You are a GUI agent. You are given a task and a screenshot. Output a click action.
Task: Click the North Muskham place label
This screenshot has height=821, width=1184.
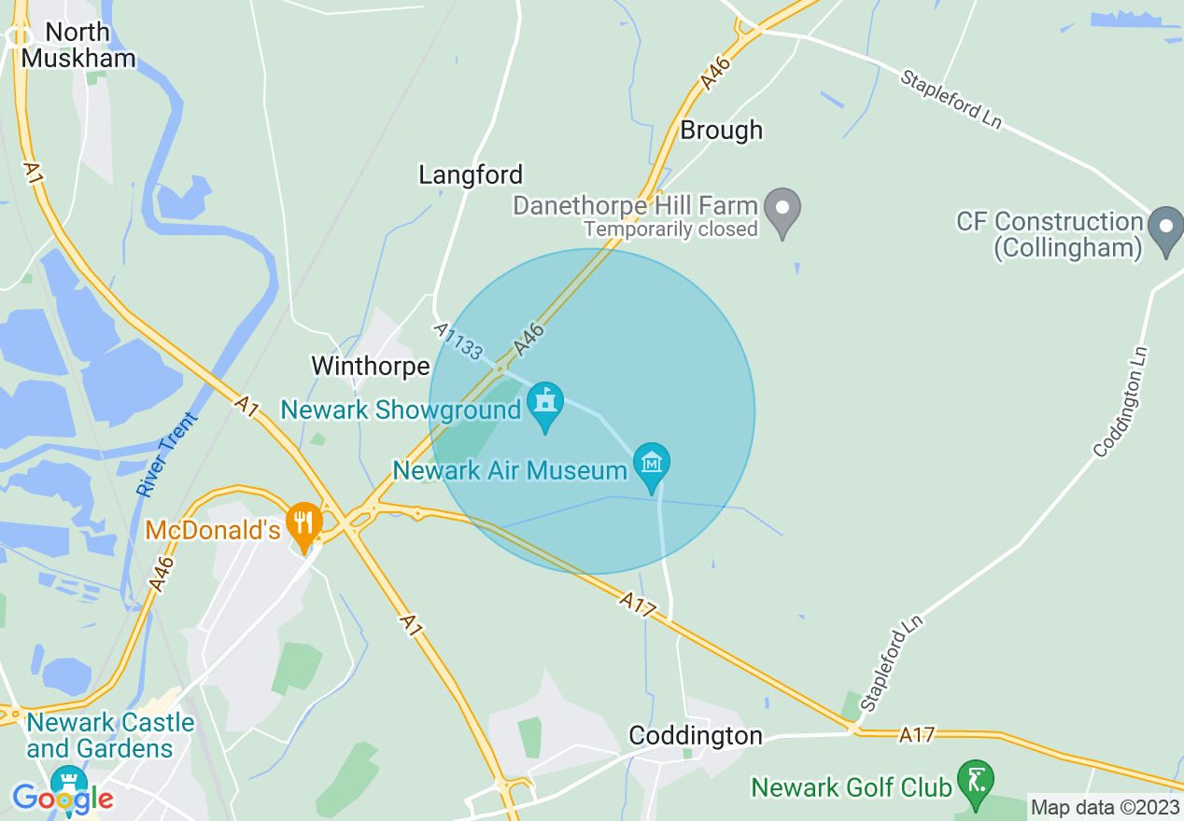[x=78, y=45]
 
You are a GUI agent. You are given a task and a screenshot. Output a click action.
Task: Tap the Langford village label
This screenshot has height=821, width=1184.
[x=471, y=174]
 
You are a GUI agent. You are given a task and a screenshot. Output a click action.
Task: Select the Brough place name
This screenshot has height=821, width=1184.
[x=721, y=130]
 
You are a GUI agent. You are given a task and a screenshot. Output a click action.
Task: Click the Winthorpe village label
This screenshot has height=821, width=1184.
[x=371, y=365]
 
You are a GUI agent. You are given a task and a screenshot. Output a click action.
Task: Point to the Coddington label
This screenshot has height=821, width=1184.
[x=696, y=735]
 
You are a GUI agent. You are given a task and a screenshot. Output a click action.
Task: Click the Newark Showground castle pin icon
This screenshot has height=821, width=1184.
[x=544, y=405]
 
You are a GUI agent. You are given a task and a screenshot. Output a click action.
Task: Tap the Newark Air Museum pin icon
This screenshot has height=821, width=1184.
[x=651, y=464]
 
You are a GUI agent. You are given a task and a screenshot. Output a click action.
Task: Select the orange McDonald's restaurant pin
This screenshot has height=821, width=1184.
[x=303, y=523]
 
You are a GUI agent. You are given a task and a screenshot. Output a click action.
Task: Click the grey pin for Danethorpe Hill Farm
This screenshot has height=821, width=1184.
[x=782, y=209]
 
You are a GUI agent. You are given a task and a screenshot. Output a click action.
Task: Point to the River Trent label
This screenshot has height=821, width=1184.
[x=164, y=454]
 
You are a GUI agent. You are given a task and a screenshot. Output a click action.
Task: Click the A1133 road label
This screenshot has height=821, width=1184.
[x=458, y=341]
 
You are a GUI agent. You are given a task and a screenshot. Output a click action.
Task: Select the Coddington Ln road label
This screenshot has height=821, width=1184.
[x=1121, y=402]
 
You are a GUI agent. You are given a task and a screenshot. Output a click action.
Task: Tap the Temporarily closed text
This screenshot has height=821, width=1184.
[x=670, y=229]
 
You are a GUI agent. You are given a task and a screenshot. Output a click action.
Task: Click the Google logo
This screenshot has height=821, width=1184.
[x=63, y=799]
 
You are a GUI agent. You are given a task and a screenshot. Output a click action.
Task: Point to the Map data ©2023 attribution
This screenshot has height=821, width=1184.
[x=1104, y=807]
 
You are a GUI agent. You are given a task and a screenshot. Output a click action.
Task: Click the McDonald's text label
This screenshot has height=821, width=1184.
[x=212, y=531]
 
